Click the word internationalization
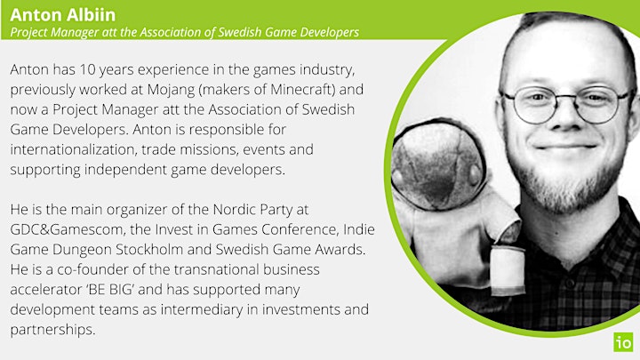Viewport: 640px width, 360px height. coord(72,149)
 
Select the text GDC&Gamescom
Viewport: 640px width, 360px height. coord(67,229)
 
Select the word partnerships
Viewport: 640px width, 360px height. coord(52,330)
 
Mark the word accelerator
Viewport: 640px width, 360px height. coord(46,290)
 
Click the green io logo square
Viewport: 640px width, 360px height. coord(623,342)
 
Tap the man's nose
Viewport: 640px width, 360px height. coord(565,117)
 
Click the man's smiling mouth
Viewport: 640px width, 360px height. coord(565,146)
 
